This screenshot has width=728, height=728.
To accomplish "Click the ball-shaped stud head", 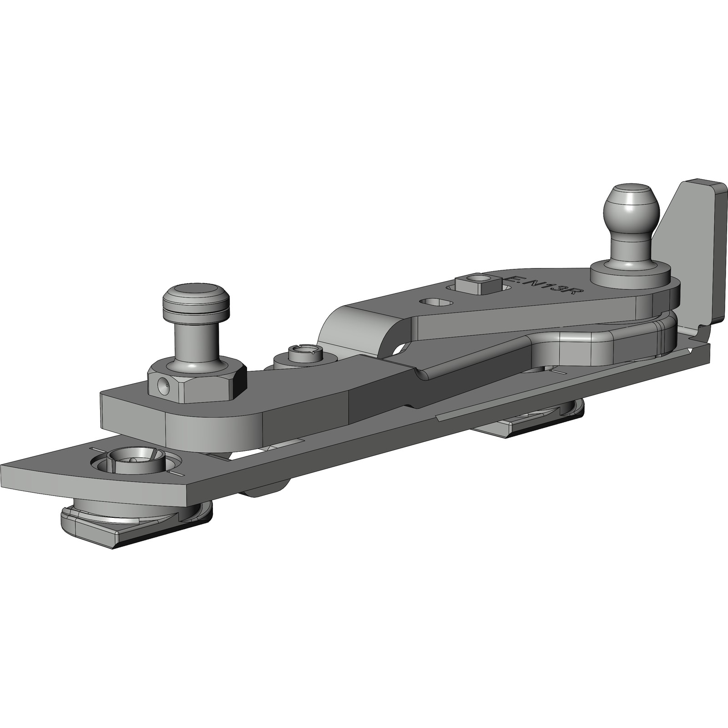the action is click(631, 207).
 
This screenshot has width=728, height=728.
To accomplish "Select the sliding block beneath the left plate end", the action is click(136, 519).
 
